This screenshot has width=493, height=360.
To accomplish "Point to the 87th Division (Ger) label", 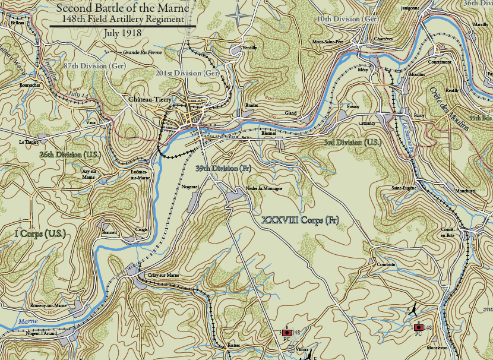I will tap(94, 66).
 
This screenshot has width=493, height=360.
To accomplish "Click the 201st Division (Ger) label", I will tap(188, 72).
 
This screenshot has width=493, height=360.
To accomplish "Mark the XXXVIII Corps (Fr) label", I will tap(300, 220).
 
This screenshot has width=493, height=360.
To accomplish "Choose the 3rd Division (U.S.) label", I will tap(352, 143).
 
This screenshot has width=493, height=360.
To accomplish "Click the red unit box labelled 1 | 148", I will tap(419, 327).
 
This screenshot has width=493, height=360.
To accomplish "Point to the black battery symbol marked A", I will tap(412, 310).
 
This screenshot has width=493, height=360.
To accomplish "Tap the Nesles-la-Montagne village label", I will tap(263, 188).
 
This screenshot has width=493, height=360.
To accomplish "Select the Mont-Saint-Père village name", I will tap(328, 43).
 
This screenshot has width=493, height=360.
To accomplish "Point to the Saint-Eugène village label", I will tap(403, 188).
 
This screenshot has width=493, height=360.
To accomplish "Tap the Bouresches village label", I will tap(30, 85).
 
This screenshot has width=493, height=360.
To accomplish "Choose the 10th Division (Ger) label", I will tap(347, 19).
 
